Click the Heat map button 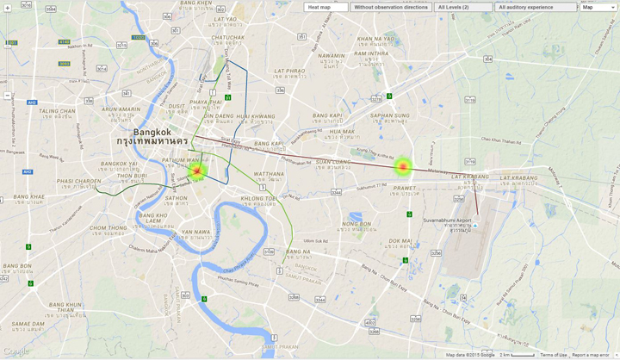click(325, 7)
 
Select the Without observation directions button click(390, 7)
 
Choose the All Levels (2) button click(462, 7)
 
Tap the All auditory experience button click(535, 7)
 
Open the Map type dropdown click(598, 7)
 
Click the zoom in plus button click(8, 9)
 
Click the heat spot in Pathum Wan click(197, 171)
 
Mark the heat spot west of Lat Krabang click(403, 166)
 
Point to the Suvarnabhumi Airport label click(447, 220)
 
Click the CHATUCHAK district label click(227, 38)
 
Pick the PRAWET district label click(404, 188)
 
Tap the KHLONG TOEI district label click(258, 198)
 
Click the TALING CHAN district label click(57, 111)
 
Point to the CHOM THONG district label click(108, 228)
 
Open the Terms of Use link click(554, 355)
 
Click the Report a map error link click(591, 355)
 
